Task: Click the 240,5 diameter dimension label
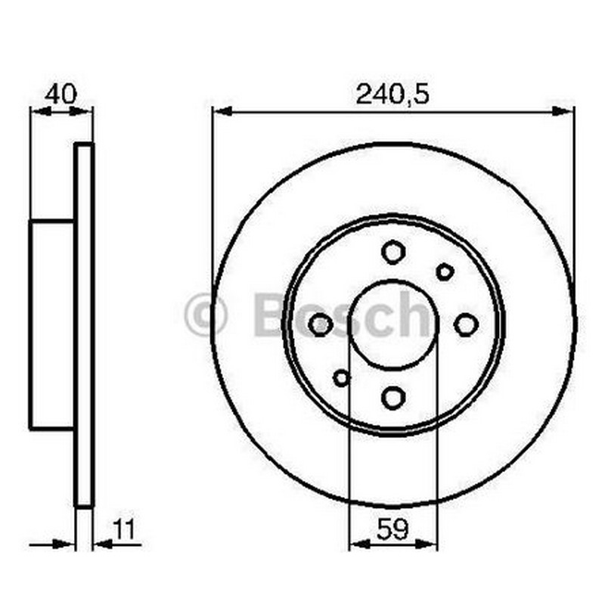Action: (x=392, y=95)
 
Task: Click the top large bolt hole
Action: (x=393, y=252)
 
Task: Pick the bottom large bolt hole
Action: (x=393, y=398)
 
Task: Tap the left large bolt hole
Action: (x=321, y=324)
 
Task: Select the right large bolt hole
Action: (x=466, y=324)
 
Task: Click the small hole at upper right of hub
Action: (x=445, y=272)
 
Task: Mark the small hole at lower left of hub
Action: (x=342, y=377)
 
